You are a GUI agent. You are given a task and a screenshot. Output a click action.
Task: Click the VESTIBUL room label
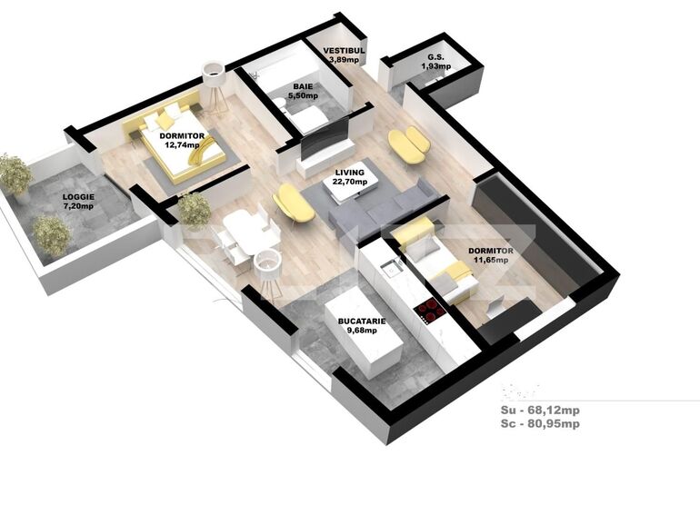pos(345,51)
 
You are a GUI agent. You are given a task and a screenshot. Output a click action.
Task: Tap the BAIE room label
pos(303,86)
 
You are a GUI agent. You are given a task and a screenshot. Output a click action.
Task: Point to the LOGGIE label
pos(78,197)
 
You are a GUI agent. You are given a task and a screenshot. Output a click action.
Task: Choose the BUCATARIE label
pos(362,321)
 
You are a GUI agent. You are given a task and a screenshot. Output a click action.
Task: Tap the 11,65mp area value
pos(489,260)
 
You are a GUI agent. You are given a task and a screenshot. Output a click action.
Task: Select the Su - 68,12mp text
pos(540,410)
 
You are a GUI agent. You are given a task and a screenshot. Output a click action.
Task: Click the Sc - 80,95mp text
pos(540,423)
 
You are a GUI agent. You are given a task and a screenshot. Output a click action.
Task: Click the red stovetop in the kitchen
pos(429,311)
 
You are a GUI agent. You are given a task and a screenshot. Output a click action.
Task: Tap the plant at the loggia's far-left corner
pos(14,174)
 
